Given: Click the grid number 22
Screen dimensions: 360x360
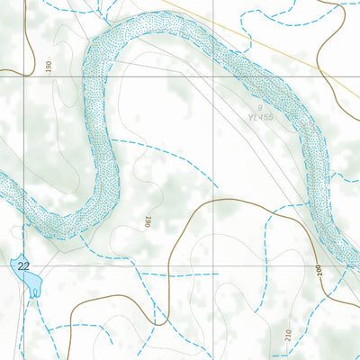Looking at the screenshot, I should [23, 265].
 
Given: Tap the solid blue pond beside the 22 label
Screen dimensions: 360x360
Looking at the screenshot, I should [30, 282].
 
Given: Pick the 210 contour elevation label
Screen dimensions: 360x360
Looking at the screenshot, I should [288, 337].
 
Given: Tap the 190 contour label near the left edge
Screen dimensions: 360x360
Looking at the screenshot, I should [49, 65].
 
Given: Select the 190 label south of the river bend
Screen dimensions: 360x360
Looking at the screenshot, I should [147, 221].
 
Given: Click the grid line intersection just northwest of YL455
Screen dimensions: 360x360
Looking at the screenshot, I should [214, 76].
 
